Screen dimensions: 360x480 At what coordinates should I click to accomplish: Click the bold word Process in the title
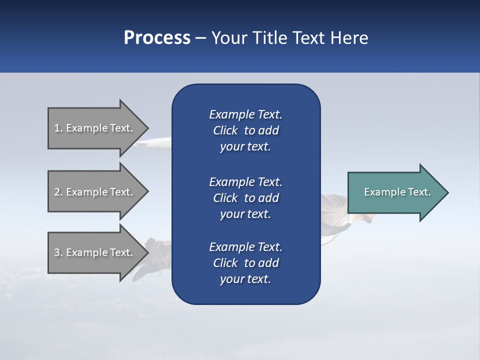pyautogui.click(x=157, y=38)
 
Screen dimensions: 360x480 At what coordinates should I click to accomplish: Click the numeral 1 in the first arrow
pyautogui.click(x=56, y=128)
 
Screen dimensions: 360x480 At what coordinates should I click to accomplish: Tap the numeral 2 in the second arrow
pyautogui.click(x=56, y=192)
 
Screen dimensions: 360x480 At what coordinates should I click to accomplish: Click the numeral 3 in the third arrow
pyautogui.click(x=56, y=252)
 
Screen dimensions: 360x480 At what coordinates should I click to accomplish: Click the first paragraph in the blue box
pyautogui.click(x=245, y=130)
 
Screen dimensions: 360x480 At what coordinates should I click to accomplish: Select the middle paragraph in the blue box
pyautogui.click(x=245, y=198)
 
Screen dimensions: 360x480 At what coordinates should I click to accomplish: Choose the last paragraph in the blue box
pyautogui.click(x=245, y=263)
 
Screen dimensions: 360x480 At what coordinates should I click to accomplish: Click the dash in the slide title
pyautogui.click(x=201, y=38)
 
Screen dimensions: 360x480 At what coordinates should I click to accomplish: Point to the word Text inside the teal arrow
pyautogui.click(x=419, y=192)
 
